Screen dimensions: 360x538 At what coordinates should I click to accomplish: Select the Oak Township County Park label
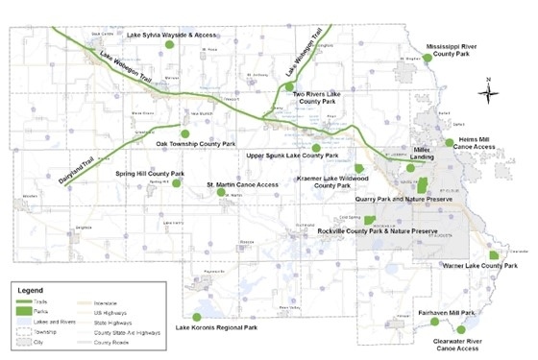[197, 144]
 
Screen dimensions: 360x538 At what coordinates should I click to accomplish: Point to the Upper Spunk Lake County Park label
[293, 156]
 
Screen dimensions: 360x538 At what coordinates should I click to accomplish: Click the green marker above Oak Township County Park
[185, 132]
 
